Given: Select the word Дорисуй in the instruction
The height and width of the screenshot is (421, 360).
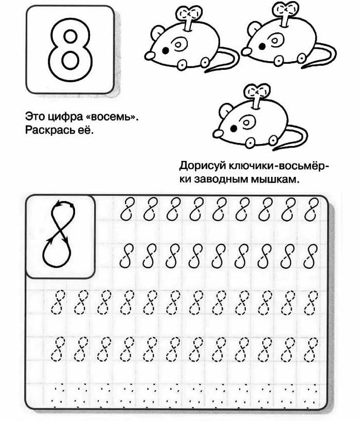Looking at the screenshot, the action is [x=203, y=166].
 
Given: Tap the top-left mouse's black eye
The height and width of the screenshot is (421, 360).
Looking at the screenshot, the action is [x=166, y=50].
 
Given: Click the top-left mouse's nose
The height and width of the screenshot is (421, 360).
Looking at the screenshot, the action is [x=150, y=56].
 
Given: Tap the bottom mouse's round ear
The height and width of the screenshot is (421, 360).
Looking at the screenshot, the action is [x=225, y=111].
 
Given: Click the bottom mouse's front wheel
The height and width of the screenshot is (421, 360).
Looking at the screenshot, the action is [x=250, y=143].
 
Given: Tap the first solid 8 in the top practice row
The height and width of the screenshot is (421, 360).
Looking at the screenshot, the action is [x=127, y=209].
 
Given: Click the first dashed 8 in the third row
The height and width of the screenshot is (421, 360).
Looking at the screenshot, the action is [x=58, y=302].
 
